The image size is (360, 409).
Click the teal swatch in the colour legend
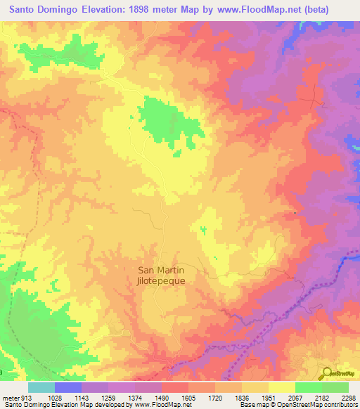[x=41, y=387]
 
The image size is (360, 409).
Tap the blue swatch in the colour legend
[x=68, y=387]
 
